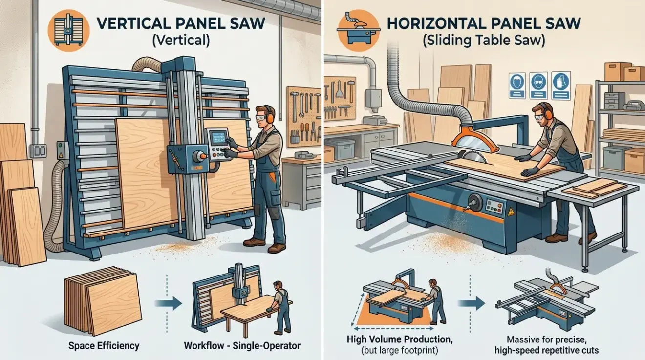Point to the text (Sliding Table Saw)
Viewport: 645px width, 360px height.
pyautogui.click(x=483, y=40)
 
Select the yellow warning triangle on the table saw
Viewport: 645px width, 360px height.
pyautogui.click(x=511, y=212)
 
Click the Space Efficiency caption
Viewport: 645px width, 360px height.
pyautogui.click(x=104, y=346)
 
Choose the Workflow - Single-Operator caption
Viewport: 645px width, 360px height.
pyautogui.click(x=242, y=346)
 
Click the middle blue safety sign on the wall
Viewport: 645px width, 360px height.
pyautogui.click(x=537, y=81)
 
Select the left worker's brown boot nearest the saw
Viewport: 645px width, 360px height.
pyautogui.click(x=254, y=241)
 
